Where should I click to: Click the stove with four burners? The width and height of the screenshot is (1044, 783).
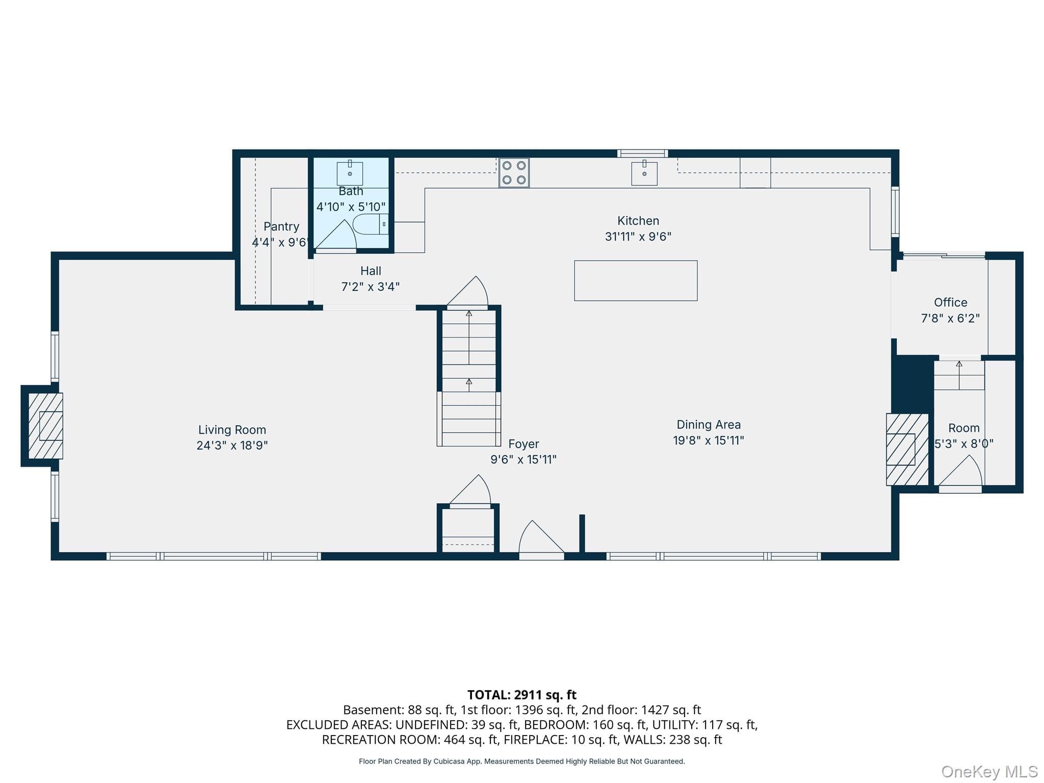514,173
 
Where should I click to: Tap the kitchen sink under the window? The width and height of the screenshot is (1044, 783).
644,173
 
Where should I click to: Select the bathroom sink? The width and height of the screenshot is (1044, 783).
350,173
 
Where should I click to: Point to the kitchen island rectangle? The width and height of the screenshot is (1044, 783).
636,281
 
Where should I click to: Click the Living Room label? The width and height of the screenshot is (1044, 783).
232,430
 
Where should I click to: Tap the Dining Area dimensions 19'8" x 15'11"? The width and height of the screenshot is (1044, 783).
709,440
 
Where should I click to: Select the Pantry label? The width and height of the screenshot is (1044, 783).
281,226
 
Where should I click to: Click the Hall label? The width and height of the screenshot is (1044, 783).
371,271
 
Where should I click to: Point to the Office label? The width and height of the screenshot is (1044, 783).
951,302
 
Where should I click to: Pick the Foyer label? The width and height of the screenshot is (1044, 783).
524,444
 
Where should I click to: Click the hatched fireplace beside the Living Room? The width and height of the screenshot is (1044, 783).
45,426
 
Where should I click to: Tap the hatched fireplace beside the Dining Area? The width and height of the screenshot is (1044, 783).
907,449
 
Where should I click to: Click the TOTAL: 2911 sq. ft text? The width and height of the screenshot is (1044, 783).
522,695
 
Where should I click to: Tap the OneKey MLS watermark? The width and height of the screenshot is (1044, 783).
989,771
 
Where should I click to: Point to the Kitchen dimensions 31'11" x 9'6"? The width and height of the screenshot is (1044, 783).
638,237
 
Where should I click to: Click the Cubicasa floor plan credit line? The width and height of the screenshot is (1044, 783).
522,761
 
